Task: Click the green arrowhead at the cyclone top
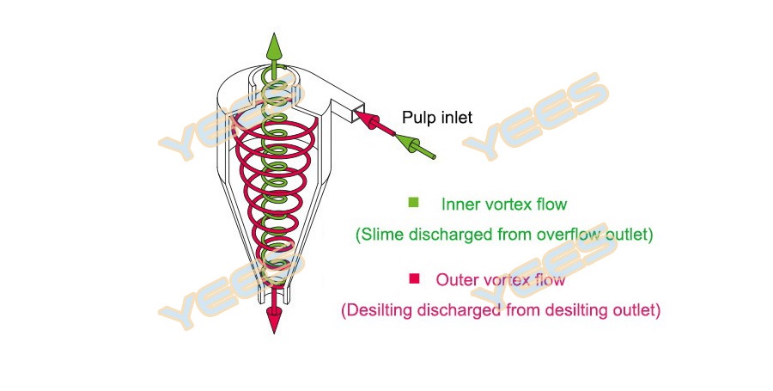[274, 45]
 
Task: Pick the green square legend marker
[414, 203]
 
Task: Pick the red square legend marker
[414, 278]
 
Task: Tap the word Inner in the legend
[460, 205]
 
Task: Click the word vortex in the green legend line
[511, 205]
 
